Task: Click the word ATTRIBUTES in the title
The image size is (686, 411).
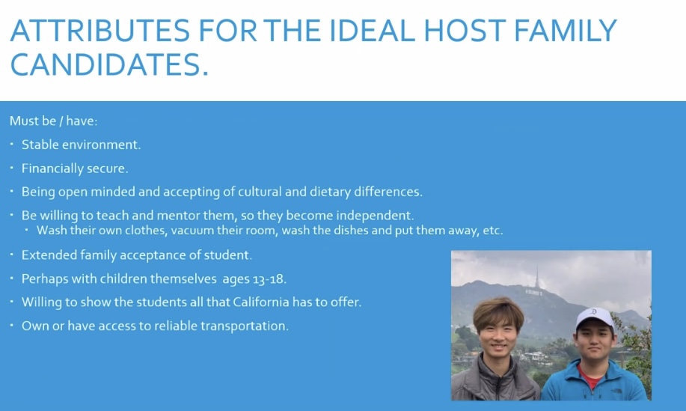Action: [x=99, y=30]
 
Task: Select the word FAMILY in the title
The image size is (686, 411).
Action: [x=566, y=30]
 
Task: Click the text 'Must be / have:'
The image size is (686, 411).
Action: [x=53, y=121]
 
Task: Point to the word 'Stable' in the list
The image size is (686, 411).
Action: [x=40, y=144]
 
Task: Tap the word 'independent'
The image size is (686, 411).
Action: [x=375, y=216]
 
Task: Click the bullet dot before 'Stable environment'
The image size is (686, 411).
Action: [x=12, y=144]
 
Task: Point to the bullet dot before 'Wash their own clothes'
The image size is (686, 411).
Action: [x=27, y=229]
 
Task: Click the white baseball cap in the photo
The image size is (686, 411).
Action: [x=595, y=317]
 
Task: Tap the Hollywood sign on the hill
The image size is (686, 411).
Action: [x=533, y=293]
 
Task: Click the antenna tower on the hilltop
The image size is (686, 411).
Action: [x=537, y=276]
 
